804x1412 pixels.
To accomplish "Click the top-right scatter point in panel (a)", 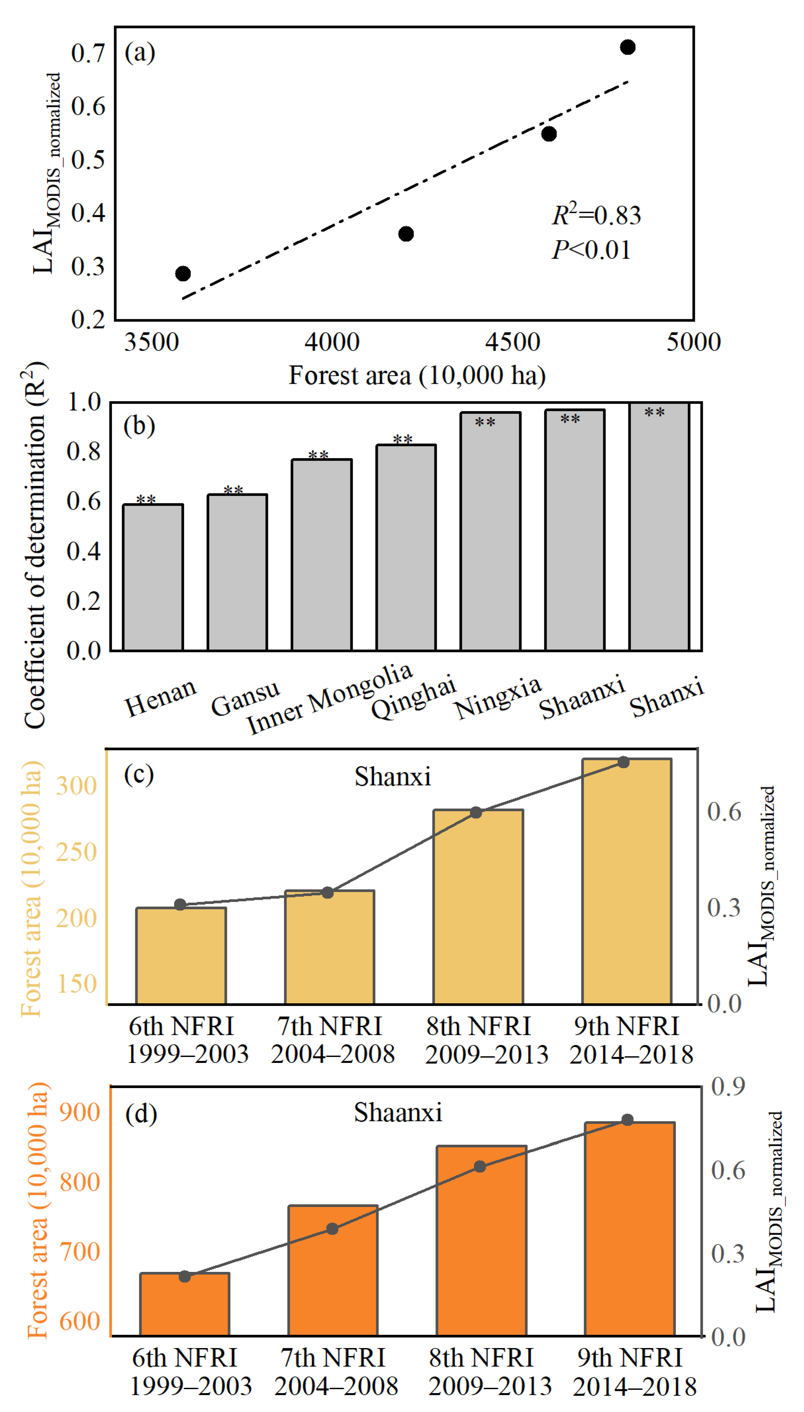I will point(627,47).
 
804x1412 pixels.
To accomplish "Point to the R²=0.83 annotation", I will point(596,214).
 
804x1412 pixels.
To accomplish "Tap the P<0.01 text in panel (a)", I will point(591,250).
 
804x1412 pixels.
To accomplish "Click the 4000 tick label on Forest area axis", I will point(332,342).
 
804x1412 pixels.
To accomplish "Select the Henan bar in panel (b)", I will point(153,578).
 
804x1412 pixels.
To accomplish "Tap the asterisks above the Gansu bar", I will point(233,490).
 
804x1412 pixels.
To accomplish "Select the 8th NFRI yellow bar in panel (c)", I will point(478,906).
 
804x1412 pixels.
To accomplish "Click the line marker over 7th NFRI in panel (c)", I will point(328,893).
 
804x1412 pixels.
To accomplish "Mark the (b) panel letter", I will point(139,426).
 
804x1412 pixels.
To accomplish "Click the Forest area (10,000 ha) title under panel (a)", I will point(417,375).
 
